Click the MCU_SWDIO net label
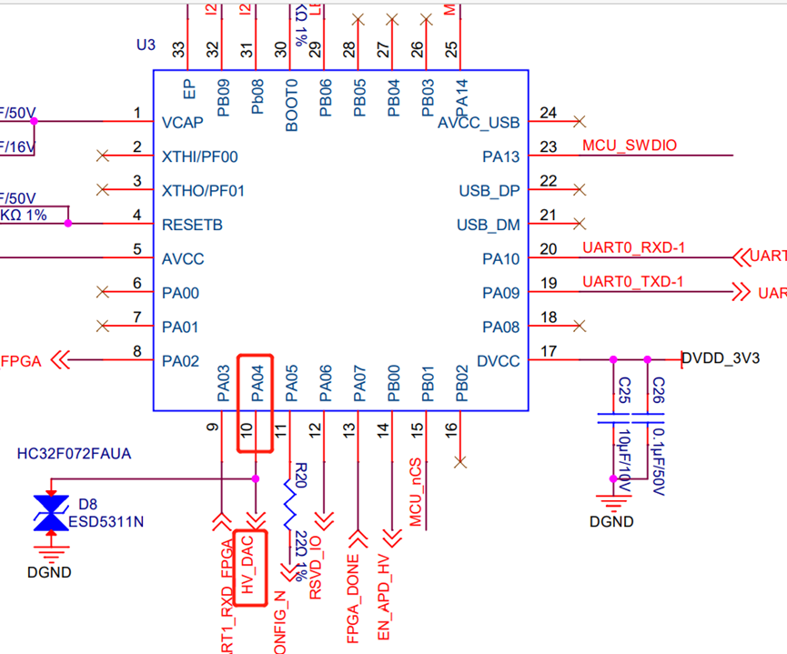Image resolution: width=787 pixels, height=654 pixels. pos(629,146)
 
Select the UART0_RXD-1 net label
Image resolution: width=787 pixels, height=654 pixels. pos(631,248)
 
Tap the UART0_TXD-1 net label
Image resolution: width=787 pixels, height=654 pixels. pos(631,283)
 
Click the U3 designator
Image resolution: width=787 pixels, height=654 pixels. pos(145,45)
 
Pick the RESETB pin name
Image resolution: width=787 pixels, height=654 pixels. pos(192,225)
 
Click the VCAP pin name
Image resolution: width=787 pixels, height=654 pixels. pos(182,122)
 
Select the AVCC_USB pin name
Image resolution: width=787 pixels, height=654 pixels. pos(478,122)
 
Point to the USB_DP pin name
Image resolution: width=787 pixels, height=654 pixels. pos(489,190)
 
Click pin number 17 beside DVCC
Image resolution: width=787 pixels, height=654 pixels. pos(548,351)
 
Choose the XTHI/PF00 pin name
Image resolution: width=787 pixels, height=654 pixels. pos(199,156)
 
